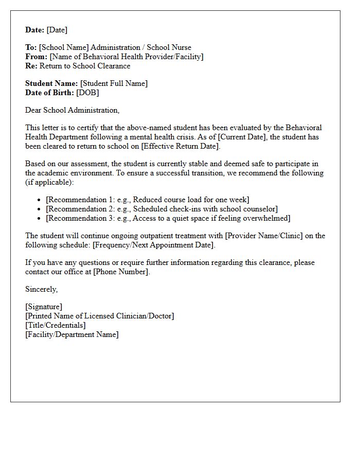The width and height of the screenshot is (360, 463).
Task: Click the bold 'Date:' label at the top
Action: point(35,30)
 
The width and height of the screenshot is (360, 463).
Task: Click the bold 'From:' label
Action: point(36,57)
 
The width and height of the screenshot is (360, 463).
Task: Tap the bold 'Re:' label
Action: point(31,66)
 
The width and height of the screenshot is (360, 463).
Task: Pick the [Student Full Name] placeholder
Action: point(114,83)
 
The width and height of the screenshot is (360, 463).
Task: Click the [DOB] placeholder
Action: point(87,93)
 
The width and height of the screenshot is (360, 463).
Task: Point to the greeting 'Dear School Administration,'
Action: point(72,110)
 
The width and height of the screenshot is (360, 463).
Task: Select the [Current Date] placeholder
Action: point(243,137)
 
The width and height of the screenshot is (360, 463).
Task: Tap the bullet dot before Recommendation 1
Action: point(40,200)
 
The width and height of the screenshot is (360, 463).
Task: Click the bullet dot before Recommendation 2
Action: point(40,209)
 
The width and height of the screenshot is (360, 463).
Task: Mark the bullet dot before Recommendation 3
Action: point(40,219)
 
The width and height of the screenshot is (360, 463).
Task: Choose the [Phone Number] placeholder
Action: point(121,272)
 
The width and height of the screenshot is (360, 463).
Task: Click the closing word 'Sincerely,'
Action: point(41,289)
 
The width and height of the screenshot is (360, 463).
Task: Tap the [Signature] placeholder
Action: point(44,307)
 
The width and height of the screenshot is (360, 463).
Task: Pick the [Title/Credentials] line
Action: point(56,325)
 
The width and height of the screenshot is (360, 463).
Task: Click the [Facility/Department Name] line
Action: point(71,334)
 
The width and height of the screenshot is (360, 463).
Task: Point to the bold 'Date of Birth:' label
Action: point(49,93)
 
